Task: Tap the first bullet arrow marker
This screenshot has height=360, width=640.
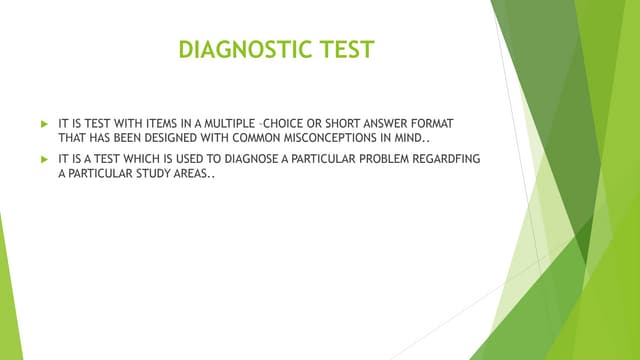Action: click(x=43, y=121)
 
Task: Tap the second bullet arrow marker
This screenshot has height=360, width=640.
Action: click(x=43, y=158)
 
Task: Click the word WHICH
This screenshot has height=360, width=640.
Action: click(x=151, y=158)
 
